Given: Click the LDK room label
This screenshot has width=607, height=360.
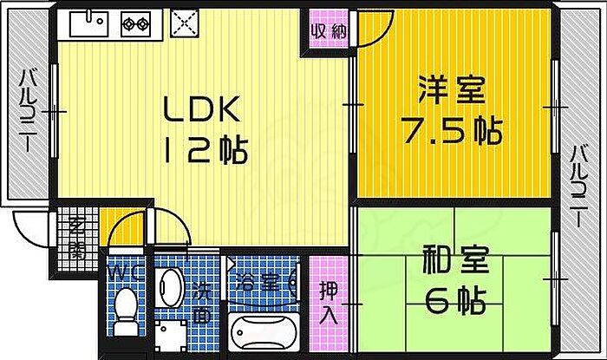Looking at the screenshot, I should tap(202, 111).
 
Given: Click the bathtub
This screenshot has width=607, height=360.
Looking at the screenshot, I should tap(265, 334).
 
